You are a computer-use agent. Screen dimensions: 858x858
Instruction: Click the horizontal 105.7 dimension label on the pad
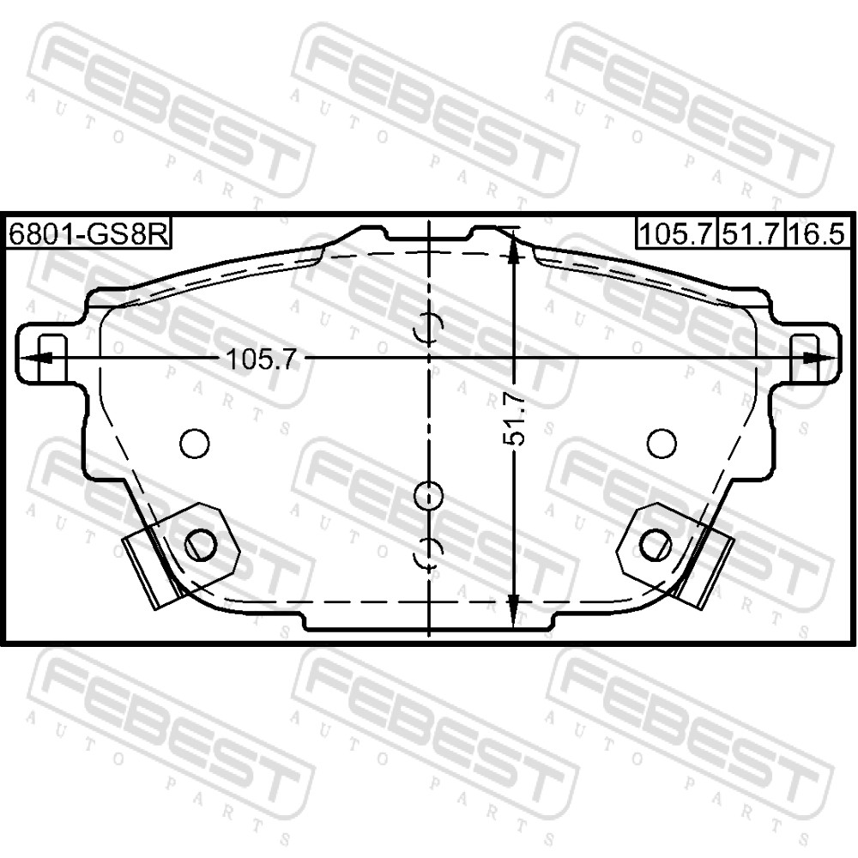click(261, 360)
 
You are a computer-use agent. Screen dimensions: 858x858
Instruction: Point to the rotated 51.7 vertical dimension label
click(514, 420)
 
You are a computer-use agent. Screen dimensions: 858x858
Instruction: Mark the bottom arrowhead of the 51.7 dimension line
click(513, 611)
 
